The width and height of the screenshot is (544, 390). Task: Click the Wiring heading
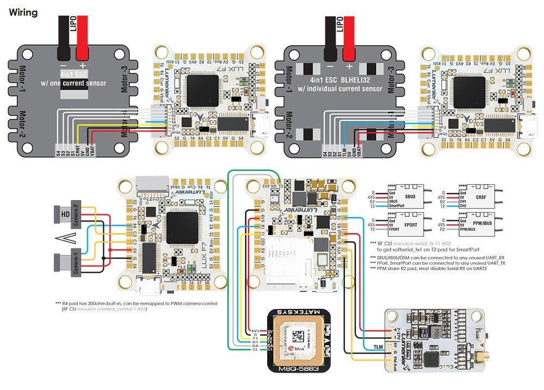coord(23,12)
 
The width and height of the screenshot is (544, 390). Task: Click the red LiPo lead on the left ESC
coord(82,38)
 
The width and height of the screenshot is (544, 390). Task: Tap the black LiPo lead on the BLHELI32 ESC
coord(331,38)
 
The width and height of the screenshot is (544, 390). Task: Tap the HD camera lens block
coord(64,213)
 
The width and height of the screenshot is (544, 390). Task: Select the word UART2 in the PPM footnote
coord(479,268)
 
